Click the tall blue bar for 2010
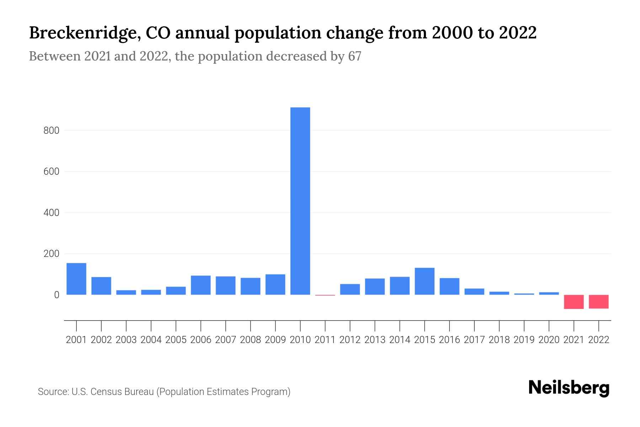coord(300,201)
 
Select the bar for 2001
coord(76,279)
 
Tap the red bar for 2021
coord(574,302)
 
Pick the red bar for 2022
coord(599,301)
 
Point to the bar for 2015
coord(425,281)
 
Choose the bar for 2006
coord(201,285)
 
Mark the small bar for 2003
coord(126,292)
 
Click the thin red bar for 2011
coord(325,295)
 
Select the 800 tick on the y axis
coord(51,131)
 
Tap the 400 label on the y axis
coord(51,213)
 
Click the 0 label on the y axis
coord(57,295)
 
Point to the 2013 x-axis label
coord(375,340)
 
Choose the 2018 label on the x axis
coord(499,340)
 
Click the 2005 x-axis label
coord(176,340)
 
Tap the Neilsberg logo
coord(569,388)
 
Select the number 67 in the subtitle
coord(354,56)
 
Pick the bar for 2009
coord(275,284)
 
